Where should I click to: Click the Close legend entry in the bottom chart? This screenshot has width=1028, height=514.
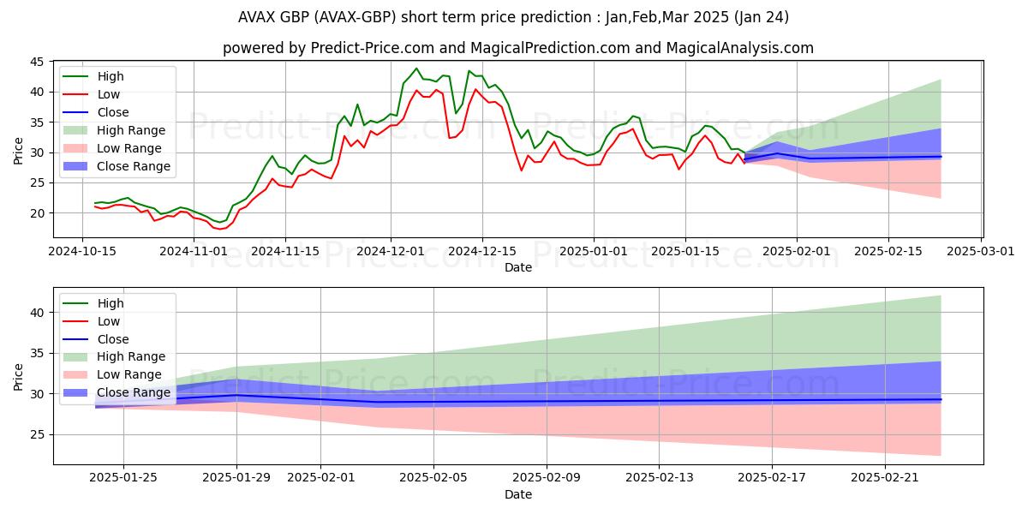113,339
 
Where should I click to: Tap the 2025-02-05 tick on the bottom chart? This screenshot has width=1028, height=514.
433,478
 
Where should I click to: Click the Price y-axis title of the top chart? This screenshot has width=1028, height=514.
19,152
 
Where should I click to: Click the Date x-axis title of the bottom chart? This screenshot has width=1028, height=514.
517,494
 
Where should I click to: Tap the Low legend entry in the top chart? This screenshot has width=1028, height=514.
109,94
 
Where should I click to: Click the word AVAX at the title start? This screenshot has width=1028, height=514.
258,17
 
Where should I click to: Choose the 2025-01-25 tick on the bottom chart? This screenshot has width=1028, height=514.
123,478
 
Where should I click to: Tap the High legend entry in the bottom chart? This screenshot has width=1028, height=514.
111,303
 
